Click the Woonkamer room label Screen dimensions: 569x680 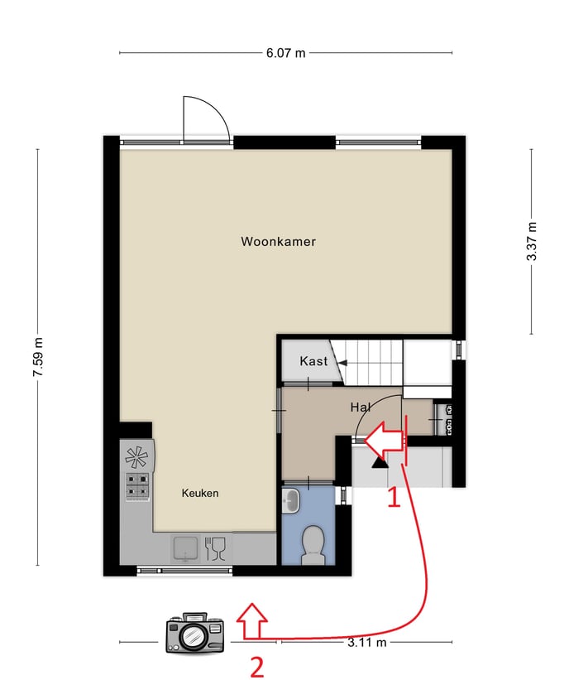click(278, 242)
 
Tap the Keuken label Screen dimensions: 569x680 click(200, 493)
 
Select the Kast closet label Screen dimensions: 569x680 click(313, 361)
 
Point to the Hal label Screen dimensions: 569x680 click(361, 408)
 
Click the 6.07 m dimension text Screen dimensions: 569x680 click(286, 53)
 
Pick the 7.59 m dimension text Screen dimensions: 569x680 click(38, 357)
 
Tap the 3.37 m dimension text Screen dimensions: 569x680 click(532, 241)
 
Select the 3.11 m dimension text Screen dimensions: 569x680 click(366, 642)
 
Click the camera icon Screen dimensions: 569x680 click(195, 633)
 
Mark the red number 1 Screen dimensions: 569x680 click(394, 498)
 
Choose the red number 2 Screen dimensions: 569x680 click(257, 668)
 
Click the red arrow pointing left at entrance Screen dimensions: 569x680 click(385, 440)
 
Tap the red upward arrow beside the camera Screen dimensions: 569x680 click(251, 621)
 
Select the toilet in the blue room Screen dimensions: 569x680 click(313, 545)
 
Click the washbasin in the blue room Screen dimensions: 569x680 click(291, 500)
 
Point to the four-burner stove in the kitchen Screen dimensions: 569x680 click(137, 485)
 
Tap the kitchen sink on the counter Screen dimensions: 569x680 click(186, 548)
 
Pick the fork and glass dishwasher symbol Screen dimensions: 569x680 click(215, 548)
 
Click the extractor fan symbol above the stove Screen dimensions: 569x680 click(136, 456)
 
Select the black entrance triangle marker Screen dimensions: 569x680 click(380, 463)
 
